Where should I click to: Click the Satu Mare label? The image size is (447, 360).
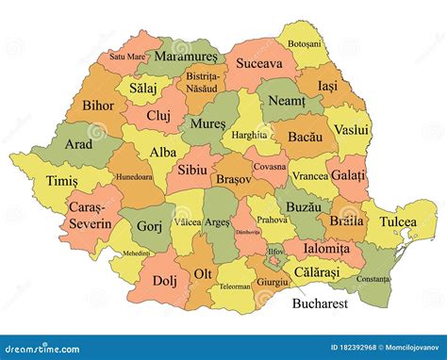(x=128, y=56)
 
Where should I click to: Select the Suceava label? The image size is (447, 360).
(x=258, y=64)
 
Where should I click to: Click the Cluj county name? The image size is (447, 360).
(x=157, y=115)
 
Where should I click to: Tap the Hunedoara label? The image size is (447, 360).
(x=133, y=176)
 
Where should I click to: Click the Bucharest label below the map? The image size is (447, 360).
(x=320, y=304)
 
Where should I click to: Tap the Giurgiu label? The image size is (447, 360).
(x=273, y=282)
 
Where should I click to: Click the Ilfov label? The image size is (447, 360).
(x=275, y=253)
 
